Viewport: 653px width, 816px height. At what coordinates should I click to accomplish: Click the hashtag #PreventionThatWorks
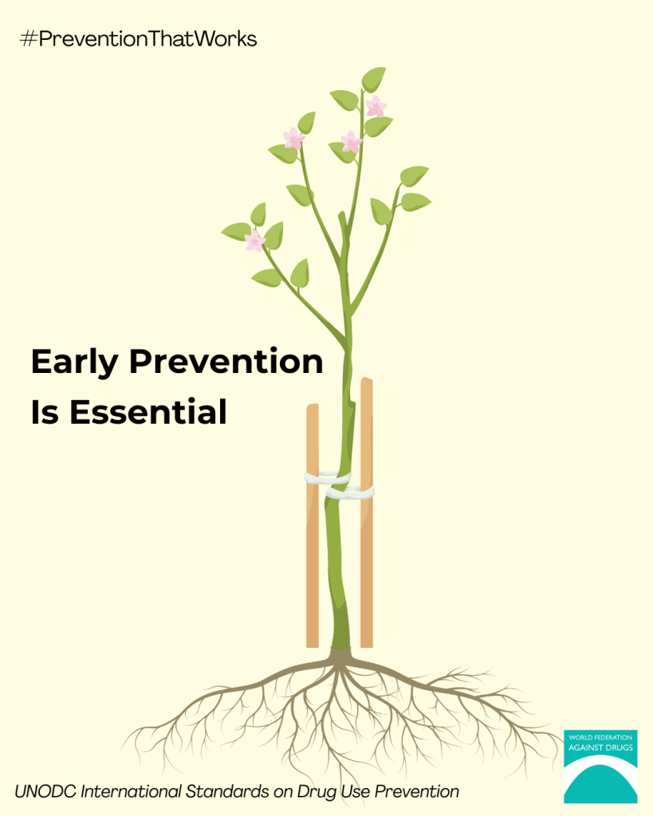click(x=138, y=39)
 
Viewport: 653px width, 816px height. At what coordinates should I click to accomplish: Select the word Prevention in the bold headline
click(x=226, y=361)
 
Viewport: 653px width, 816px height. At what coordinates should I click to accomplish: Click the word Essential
click(x=148, y=412)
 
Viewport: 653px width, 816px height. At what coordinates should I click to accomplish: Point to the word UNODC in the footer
click(x=45, y=791)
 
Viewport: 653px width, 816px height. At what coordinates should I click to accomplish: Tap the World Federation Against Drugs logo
click(x=600, y=767)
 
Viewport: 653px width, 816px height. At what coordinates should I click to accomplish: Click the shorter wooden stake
click(x=313, y=526)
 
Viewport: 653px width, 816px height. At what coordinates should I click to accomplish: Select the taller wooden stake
click(x=367, y=512)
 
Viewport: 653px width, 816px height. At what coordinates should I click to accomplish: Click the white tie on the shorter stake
click(x=327, y=477)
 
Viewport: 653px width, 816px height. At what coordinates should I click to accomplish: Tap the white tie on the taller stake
click(x=351, y=492)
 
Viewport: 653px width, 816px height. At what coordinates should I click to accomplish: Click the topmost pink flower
click(x=376, y=107)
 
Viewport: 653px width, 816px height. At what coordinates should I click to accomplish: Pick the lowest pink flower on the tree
click(x=254, y=241)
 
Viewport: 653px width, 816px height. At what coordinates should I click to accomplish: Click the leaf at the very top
click(x=374, y=79)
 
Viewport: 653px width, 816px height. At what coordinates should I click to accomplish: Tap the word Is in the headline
click(x=45, y=412)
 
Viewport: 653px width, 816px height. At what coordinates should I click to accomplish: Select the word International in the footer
click(x=132, y=791)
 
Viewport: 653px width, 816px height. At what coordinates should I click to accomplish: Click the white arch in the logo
click(x=600, y=765)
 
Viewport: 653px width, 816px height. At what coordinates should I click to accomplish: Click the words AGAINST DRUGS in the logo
click(x=600, y=747)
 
